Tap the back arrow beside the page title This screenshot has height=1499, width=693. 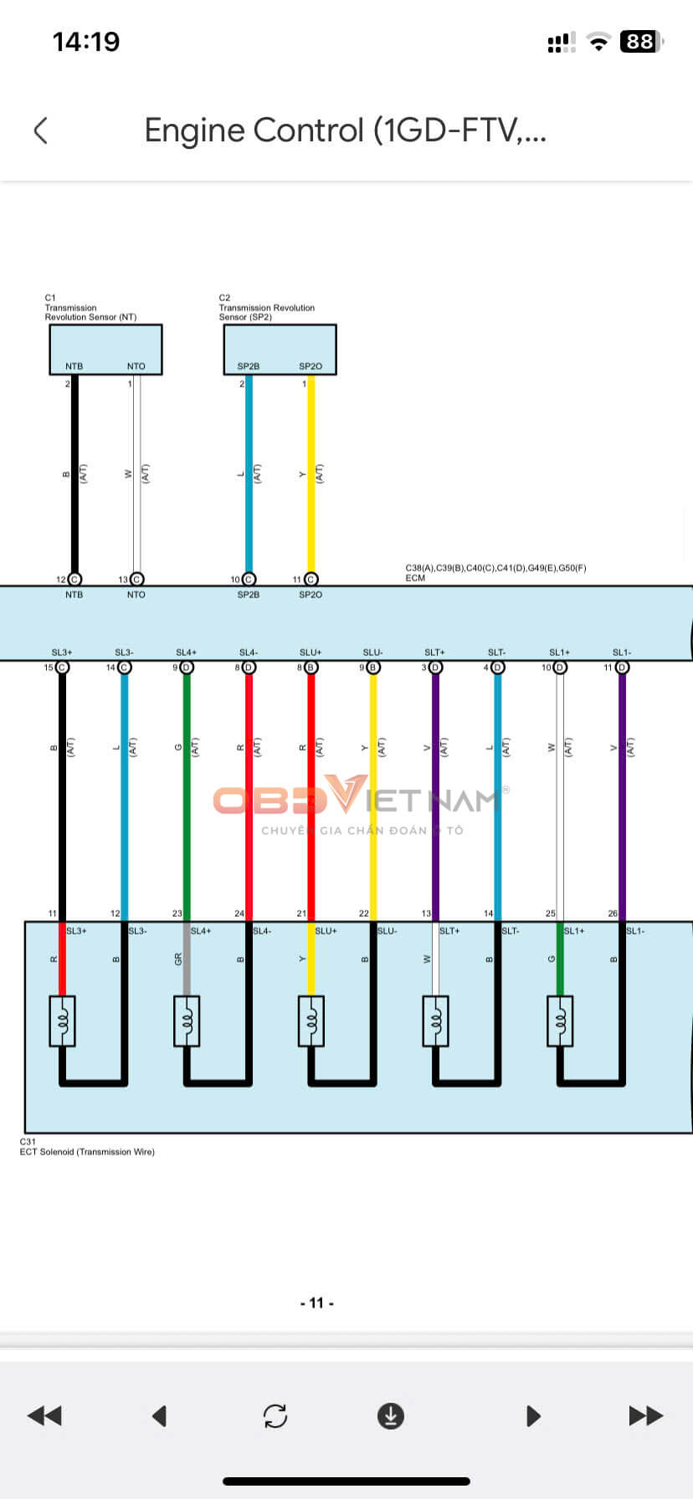pos(40,130)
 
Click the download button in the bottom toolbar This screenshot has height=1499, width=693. pos(391,1415)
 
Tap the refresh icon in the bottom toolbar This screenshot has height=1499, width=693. pos(275,1415)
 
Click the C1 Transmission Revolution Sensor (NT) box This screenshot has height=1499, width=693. pos(105,348)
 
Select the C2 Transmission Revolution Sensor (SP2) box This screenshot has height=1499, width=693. pos(280,348)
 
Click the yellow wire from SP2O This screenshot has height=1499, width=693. pos(311,477)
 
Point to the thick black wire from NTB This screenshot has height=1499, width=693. pos(74,477)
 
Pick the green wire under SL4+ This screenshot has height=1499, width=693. pos(187,795)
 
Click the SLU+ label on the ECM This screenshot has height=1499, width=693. pos(311,652)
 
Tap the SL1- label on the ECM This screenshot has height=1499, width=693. pos(621,652)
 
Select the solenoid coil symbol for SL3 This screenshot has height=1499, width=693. pos(63,1021)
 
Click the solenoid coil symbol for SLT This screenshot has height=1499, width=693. pos(435,1021)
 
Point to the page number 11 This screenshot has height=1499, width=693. pos(316,1302)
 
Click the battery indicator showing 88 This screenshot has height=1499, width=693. pos(641,41)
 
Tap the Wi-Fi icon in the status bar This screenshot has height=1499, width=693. pos(598,42)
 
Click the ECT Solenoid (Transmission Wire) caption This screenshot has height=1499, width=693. pos(87,1152)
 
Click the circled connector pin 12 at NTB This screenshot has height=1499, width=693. pos(74,579)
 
